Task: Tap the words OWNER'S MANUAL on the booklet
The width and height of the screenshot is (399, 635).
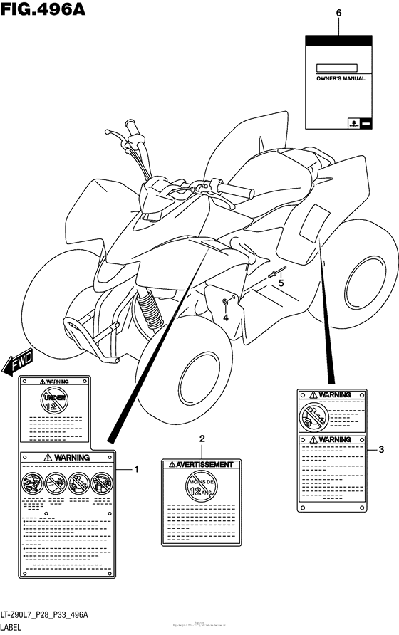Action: pos(340,79)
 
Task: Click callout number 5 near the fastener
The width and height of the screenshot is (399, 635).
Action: pos(281,283)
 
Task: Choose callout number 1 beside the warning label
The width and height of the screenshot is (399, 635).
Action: pos(137,469)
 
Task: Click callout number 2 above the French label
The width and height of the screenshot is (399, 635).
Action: pos(202,439)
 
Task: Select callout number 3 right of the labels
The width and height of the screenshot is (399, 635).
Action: pos(381,448)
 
